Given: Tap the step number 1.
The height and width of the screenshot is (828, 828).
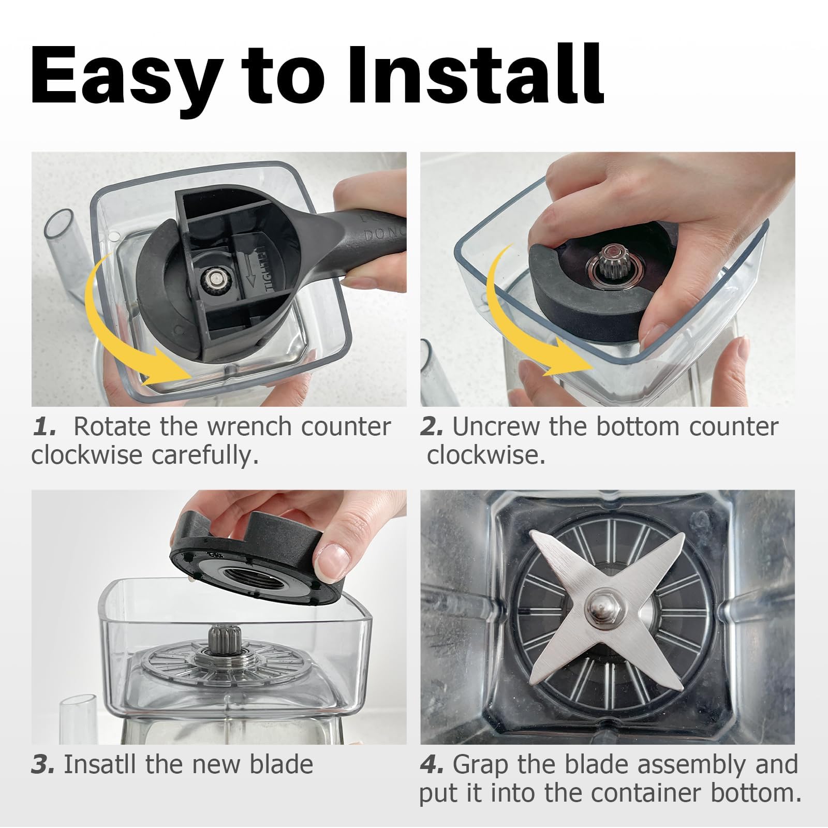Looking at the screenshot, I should pos(43,427).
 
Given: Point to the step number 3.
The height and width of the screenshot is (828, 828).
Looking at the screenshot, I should pos(43,765).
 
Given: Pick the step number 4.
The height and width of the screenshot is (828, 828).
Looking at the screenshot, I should pos(432,765).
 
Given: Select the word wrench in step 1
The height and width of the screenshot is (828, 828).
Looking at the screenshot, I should pos(249,427).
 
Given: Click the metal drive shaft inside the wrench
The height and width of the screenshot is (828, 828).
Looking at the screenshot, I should pos(214,279).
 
